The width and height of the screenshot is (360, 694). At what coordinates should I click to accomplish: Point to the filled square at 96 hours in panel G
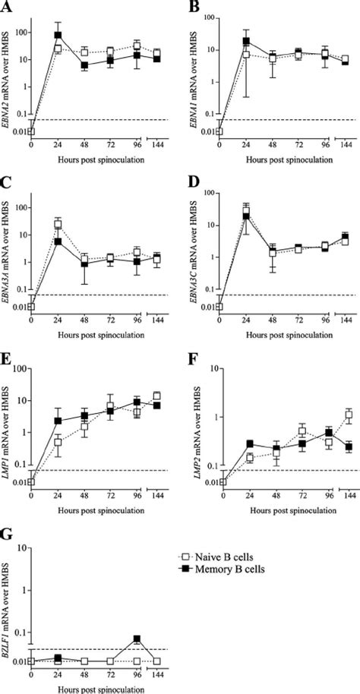point(137,639)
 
